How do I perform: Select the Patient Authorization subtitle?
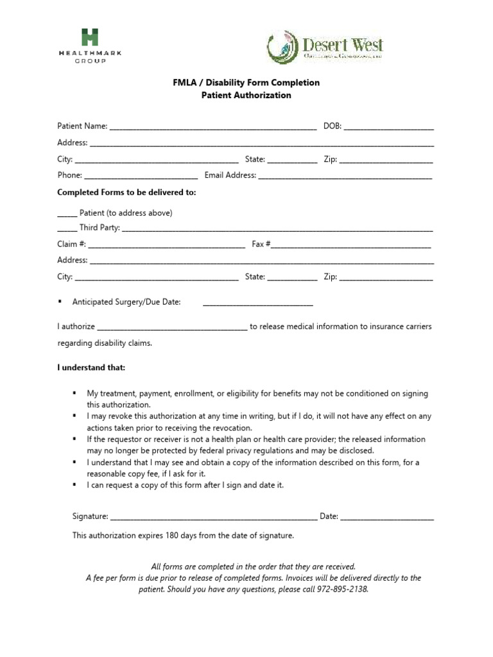click(x=246, y=96)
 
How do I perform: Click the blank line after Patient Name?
click(x=213, y=128)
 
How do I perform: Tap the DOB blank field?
click(x=388, y=128)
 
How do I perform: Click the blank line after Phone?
click(x=141, y=176)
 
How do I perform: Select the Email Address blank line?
click(x=345, y=176)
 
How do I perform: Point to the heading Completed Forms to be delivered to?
click(x=126, y=192)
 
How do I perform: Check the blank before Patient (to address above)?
click(x=67, y=214)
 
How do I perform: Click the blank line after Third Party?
click(x=277, y=229)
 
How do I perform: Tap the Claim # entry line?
click(x=166, y=245)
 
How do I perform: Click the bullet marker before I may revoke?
click(x=75, y=416)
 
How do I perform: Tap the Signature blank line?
click(x=214, y=517)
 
